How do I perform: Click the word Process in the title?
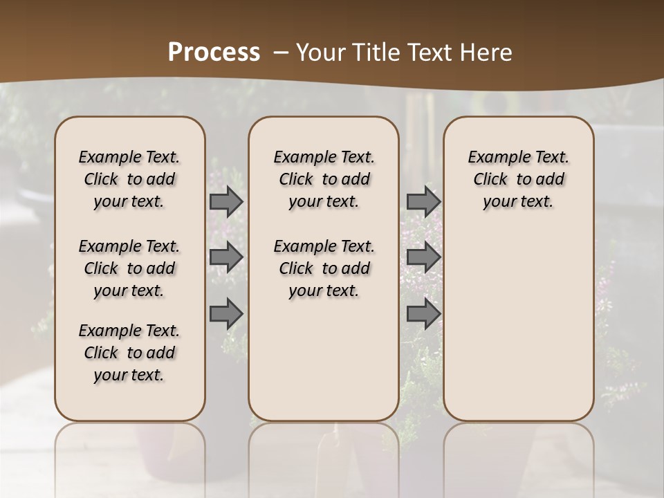[x=214, y=53]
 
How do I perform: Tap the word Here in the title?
[x=486, y=53]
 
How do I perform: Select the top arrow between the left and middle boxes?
[x=226, y=201]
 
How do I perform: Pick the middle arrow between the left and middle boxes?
[x=226, y=257]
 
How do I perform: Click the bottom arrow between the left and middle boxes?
[x=226, y=313]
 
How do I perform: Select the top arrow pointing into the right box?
[x=423, y=201]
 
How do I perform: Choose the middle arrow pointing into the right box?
[x=423, y=257]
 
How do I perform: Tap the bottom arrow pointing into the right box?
[x=423, y=313]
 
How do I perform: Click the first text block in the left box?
[x=129, y=179]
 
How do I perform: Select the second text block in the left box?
[x=129, y=268]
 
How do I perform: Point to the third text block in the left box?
[x=129, y=353]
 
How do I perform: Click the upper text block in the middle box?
[x=324, y=179]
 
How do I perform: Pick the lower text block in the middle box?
[x=324, y=268]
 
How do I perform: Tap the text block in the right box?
[x=519, y=179]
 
